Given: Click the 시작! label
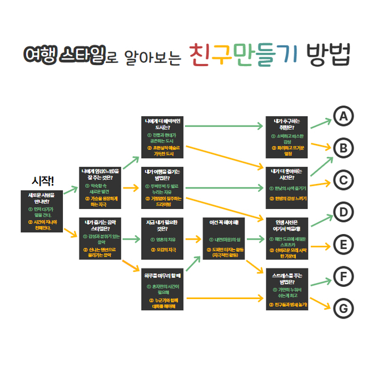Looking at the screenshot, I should pos(43,181).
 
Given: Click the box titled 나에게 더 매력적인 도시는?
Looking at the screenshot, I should pos(162,136).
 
